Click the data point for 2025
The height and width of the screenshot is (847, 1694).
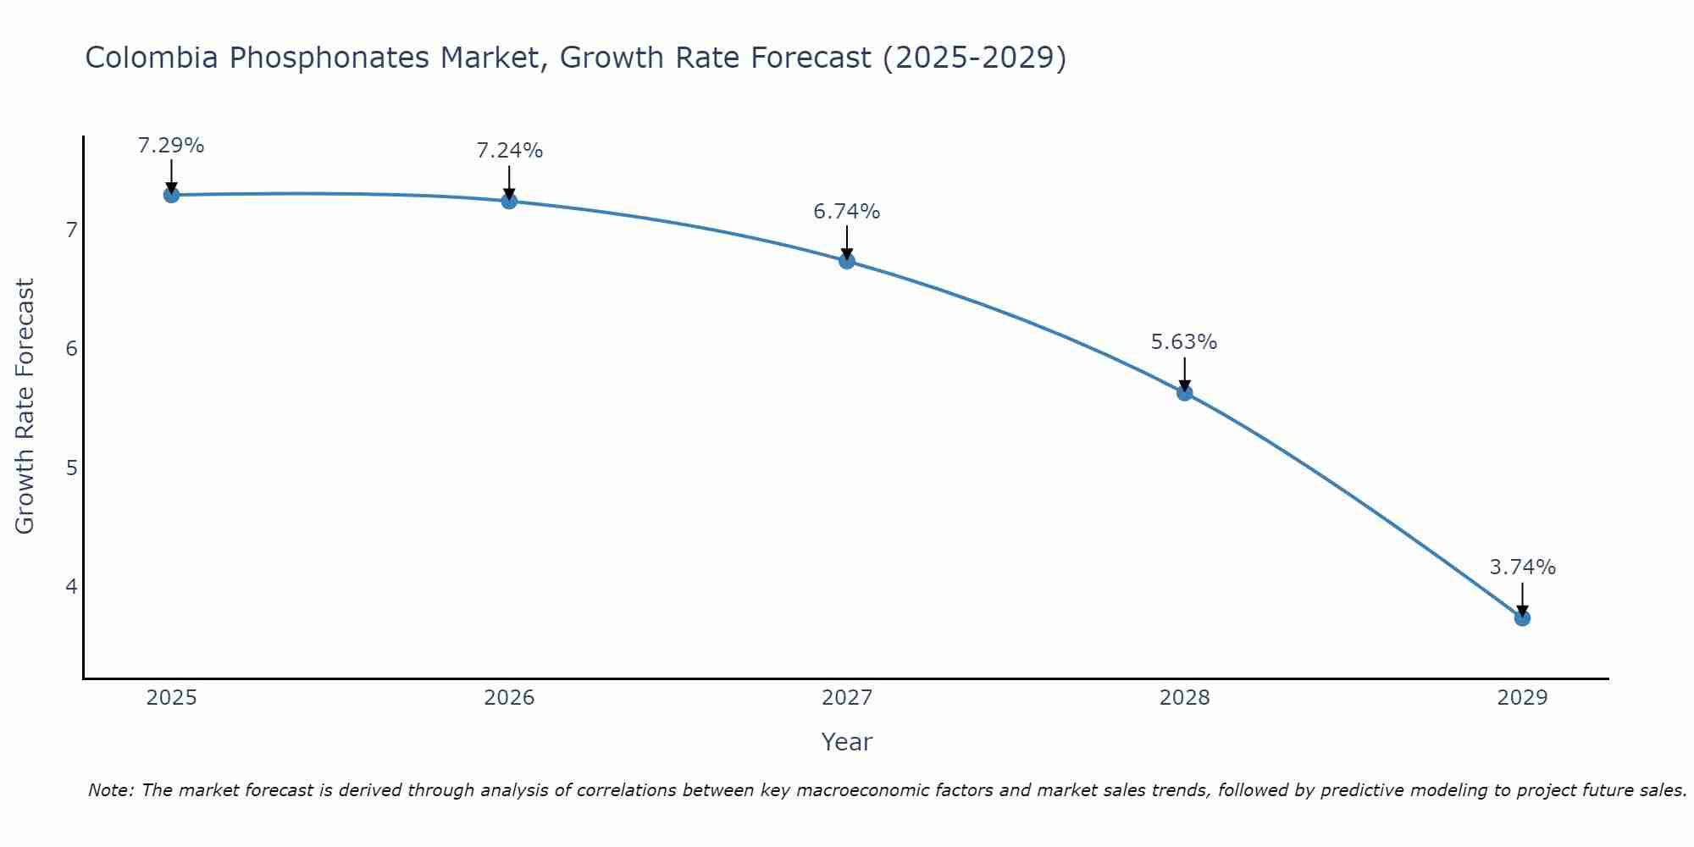point(171,195)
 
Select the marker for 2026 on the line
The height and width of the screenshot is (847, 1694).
point(509,201)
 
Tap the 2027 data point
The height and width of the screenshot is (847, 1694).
point(846,261)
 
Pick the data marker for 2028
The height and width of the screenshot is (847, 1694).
point(1184,392)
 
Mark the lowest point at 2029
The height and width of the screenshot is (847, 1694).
point(1522,618)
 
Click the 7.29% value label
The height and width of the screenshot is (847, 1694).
point(171,146)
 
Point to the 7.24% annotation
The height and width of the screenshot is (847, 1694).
point(509,151)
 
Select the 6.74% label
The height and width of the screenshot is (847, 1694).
point(846,212)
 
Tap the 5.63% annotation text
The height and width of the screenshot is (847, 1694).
point(1184,342)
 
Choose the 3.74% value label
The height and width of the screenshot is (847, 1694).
point(1522,567)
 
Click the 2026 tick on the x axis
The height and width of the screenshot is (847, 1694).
point(509,698)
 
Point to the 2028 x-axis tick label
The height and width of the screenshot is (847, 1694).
point(1184,698)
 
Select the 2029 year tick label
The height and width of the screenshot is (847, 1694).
point(1522,698)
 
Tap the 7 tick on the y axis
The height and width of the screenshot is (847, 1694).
point(71,230)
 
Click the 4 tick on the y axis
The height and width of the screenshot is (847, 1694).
point(71,586)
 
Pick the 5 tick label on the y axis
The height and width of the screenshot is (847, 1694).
point(71,468)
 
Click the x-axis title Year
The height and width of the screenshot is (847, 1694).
point(846,742)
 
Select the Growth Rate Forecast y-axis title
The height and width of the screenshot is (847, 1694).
point(25,407)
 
